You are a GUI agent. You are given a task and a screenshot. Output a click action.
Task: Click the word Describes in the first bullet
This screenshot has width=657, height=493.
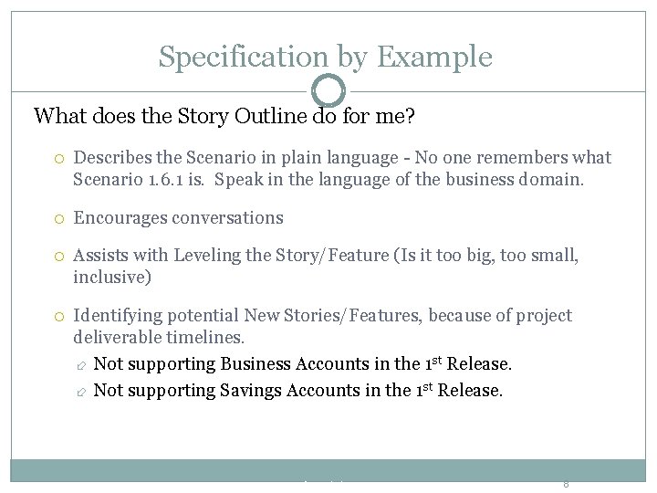pyautogui.click(x=112, y=157)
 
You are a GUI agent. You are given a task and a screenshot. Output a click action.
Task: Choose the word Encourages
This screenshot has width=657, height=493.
pyautogui.click(x=119, y=218)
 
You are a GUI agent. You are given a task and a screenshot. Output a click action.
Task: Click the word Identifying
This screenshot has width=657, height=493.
pyautogui.click(x=117, y=316)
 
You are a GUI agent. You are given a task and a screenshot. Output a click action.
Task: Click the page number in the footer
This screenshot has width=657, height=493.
pyautogui.click(x=566, y=485)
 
